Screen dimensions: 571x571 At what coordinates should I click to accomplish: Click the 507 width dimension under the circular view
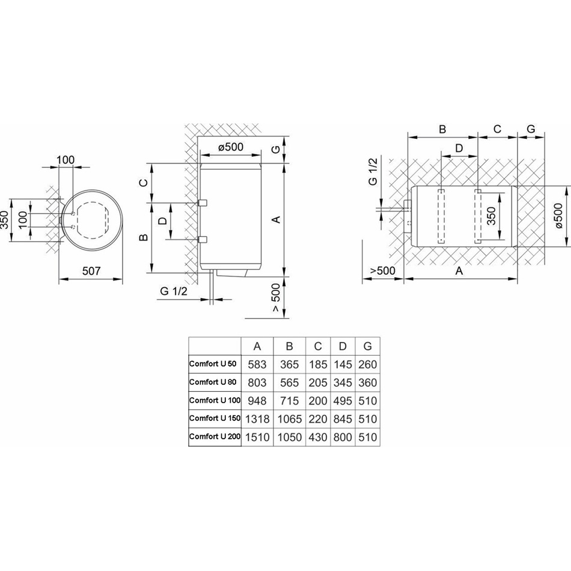(91, 271)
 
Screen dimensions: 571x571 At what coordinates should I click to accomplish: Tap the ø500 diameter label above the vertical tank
(231, 147)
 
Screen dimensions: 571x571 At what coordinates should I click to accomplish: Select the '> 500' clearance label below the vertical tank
(276, 298)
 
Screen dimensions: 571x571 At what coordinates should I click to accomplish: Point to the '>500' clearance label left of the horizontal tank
(383, 270)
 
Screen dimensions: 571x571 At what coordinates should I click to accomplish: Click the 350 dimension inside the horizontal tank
(492, 216)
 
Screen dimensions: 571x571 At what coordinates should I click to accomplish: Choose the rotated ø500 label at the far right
(560, 216)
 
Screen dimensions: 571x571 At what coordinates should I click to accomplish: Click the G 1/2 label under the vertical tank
(174, 291)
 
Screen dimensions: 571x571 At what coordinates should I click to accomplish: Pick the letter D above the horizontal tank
(459, 148)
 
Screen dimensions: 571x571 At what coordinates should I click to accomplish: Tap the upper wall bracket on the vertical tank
(202, 203)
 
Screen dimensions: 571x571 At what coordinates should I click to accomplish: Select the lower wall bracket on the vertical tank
(202, 239)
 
